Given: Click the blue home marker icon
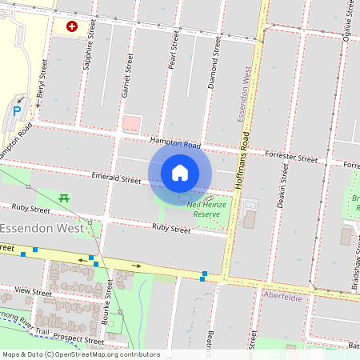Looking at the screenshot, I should click(x=180, y=172).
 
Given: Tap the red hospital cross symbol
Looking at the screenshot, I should click(x=72, y=26).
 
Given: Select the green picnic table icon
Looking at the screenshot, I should click(x=65, y=197).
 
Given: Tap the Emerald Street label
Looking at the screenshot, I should click(x=116, y=179).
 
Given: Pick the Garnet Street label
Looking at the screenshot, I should click(x=126, y=76).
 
